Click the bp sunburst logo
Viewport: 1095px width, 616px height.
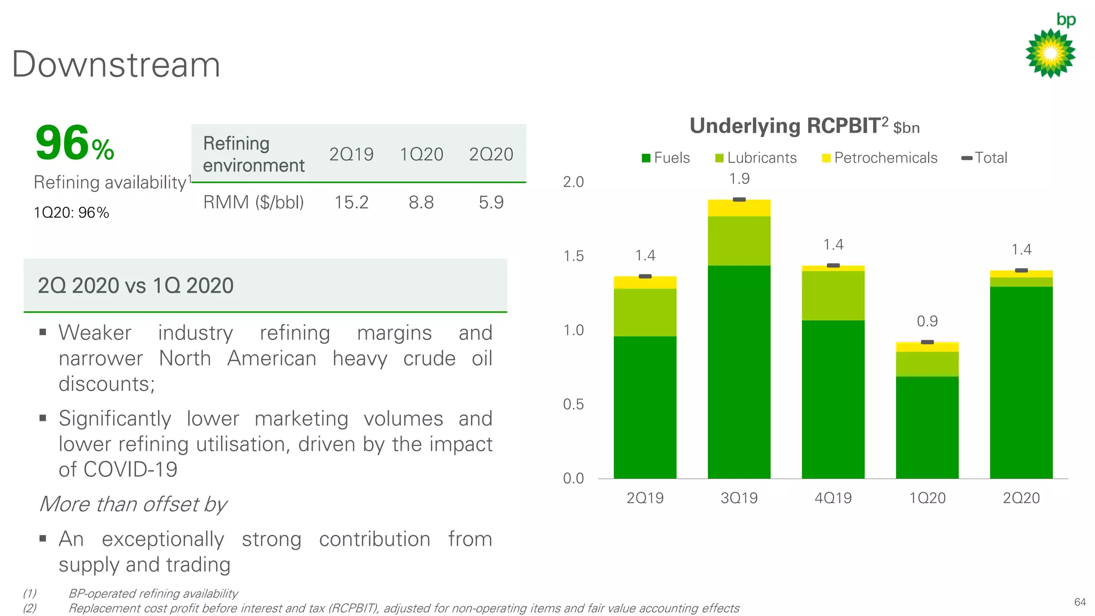pyautogui.click(x=1050, y=53)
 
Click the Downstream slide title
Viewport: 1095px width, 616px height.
pyautogui.click(x=116, y=65)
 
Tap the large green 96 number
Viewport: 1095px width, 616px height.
pyautogui.click(x=62, y=143)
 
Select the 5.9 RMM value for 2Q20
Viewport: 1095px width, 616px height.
pyautogui.click(x=491, y=203)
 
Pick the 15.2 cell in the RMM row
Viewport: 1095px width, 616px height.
pyautogui.click(x=351, y=203)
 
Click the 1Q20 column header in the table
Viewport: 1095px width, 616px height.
pyautogui.click(x=421, y=155)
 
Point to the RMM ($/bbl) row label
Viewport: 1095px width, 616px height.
pyautogui.click(x=253, y=203)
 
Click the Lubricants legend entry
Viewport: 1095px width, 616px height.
pyautogui.click(x=756, y=158)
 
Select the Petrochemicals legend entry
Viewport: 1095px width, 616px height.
pyautogui.click(x=880, y=158)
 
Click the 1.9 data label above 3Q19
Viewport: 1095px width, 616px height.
pyautogui.click(x=739, y=179)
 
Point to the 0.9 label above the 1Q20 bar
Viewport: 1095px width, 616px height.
pyautogui.click(x=927, y=321)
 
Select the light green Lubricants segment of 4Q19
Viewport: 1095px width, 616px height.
pyautogui.click(x=833, y=296)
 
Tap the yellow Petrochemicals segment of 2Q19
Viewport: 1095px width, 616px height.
pyautogui.click(x=645, y=283)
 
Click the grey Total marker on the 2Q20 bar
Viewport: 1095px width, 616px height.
pyautogui.click(x=1021, y=271)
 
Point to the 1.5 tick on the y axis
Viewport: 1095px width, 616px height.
pyautogui.click(x=573, y=256)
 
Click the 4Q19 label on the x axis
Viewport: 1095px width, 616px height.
pyautogui.click(x=833, y=498)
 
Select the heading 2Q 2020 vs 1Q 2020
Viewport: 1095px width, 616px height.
pyautogui.click(x=136, y=286)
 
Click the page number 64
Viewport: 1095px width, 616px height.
pyautogui.click(x=1079, y=602)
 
